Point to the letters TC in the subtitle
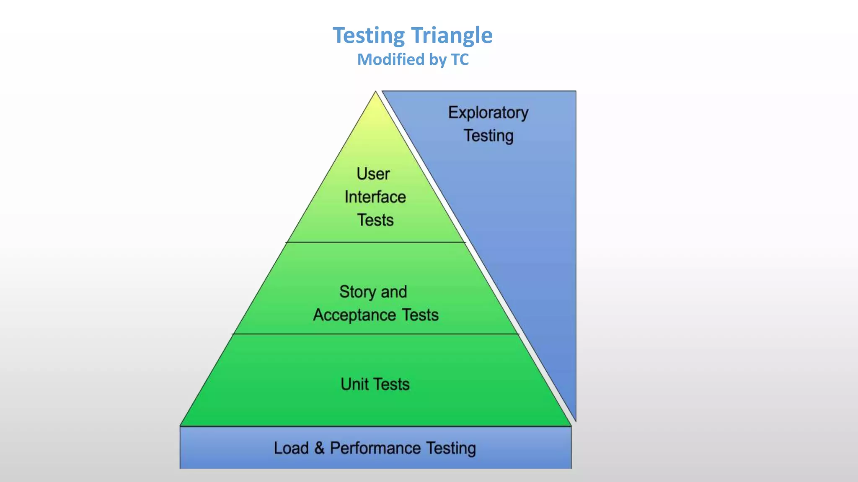460,59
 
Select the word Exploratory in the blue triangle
488,113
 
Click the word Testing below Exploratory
488,136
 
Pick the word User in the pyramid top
373,174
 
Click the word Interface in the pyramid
375,197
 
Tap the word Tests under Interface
375,220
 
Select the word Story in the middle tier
357,292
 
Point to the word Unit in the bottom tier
354,384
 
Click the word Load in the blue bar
291,448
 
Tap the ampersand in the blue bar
319,448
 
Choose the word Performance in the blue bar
375,448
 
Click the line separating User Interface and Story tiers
375,242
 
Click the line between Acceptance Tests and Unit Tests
375,334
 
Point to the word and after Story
394,292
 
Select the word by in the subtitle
437,60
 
